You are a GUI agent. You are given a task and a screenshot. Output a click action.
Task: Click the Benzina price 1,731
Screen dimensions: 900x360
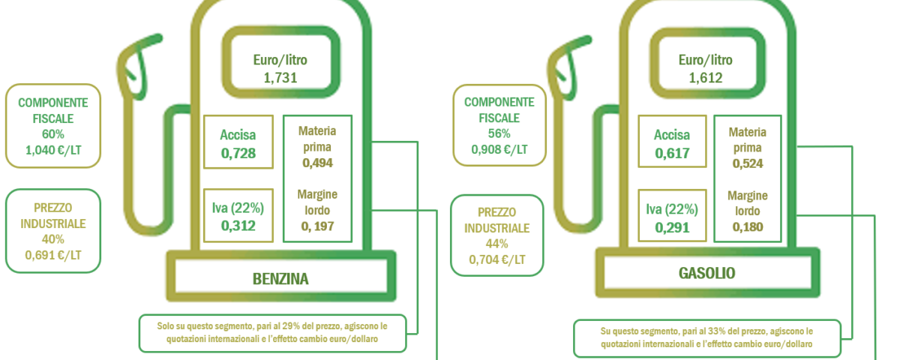coord(280,77)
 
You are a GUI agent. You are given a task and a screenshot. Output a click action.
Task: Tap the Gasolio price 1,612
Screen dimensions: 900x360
coord(706,77)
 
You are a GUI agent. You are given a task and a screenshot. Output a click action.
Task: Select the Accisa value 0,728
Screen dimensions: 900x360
coord(238,153)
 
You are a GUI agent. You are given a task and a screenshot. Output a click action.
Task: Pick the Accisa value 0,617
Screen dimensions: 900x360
coord(672,153)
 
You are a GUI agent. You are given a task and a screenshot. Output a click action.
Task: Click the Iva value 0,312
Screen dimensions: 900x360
coord(238,226)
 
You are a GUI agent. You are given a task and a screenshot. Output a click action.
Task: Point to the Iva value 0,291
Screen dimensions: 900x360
coord(672,228)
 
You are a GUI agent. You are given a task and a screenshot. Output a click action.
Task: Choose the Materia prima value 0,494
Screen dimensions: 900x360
coord(317,163)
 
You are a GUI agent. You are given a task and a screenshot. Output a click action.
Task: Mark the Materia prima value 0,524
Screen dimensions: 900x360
coord(748,163)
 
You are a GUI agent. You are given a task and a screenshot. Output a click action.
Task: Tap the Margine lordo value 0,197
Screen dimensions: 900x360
coord(317,226)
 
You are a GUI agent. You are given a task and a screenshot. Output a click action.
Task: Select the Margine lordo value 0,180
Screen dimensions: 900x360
coord(748,227)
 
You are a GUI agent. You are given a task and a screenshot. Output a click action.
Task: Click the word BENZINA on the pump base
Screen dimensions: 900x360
coord(280,279)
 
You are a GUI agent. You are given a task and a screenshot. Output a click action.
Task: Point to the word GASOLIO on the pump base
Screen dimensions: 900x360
coord(706,273)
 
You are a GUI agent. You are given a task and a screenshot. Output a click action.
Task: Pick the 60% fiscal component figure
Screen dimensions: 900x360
coord(53,133)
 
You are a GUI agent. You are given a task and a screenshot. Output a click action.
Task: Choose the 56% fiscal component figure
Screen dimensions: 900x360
coord(499,133)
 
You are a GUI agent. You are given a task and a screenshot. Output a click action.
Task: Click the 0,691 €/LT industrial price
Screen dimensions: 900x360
coord(53,255)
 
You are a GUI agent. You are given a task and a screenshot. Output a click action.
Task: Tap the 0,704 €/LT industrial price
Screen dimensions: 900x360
coord(497,259)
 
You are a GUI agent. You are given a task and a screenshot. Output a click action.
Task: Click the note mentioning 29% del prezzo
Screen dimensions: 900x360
coord(272,333)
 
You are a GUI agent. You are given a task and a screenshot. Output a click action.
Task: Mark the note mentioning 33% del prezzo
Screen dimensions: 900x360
coord(706,338)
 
